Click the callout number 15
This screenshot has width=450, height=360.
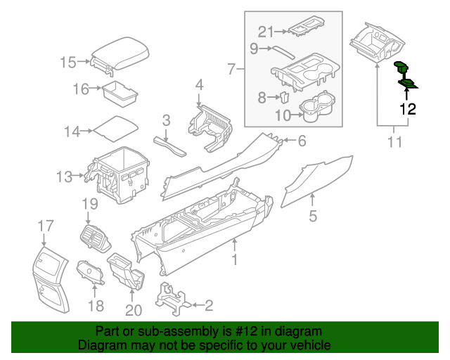[67, 63]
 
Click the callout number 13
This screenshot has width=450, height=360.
[65, 176]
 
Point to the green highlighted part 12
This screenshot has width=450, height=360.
[405, 76]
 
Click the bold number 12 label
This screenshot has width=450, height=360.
[408, 109]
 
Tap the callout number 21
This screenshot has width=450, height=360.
[265, 32]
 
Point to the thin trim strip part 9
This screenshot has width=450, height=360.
[284, 51]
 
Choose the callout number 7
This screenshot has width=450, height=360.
[232, 69]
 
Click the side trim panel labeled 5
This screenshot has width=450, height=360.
[316, 181]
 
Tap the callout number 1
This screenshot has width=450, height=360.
[235, 260]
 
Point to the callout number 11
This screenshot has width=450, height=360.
[394, 143]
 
